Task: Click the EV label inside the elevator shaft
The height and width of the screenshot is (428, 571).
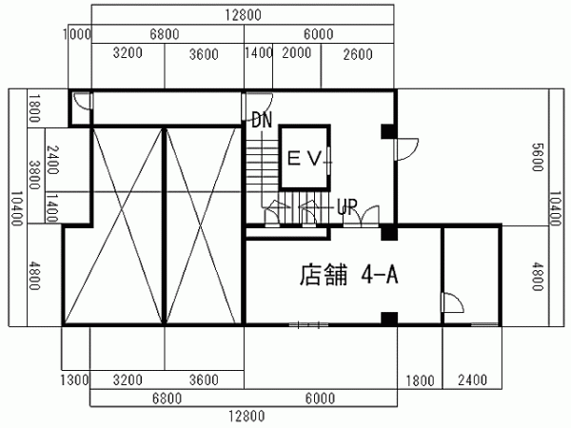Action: [x=305, y=158]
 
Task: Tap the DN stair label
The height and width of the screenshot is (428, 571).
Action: [x=262, y=120]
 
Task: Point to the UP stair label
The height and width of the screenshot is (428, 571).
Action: [x=347, y=206]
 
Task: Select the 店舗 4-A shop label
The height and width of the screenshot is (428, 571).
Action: [x=348, y=275]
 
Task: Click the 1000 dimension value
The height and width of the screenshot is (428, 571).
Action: [x=77, y=34]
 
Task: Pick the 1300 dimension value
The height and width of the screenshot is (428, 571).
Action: [x=74, y=379]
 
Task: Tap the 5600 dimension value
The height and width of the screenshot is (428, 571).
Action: [x=538, y=157]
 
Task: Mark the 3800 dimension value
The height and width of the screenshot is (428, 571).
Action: [x=34, y=175]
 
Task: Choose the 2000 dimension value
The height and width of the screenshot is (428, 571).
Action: [x=297, y=53]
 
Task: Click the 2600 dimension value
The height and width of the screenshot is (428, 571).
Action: [x=358, y=54]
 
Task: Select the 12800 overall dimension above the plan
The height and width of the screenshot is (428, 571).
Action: [x=243, y=15]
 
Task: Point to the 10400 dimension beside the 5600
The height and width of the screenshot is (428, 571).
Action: [x=555, y=208]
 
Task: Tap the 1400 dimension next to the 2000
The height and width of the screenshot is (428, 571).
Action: [x=259, y=53]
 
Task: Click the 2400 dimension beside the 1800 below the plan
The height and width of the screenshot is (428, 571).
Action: [x=472, y=379]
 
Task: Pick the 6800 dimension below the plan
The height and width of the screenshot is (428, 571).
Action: [x=167, y=399]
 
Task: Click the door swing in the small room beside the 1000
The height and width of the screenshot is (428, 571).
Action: [x=82, y=101]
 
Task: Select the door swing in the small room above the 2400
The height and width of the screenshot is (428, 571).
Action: [x=453, y=302]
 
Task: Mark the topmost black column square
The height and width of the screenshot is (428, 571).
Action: [x=389, y=132]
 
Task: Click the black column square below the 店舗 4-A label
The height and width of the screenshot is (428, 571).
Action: [x=389, y=319]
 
